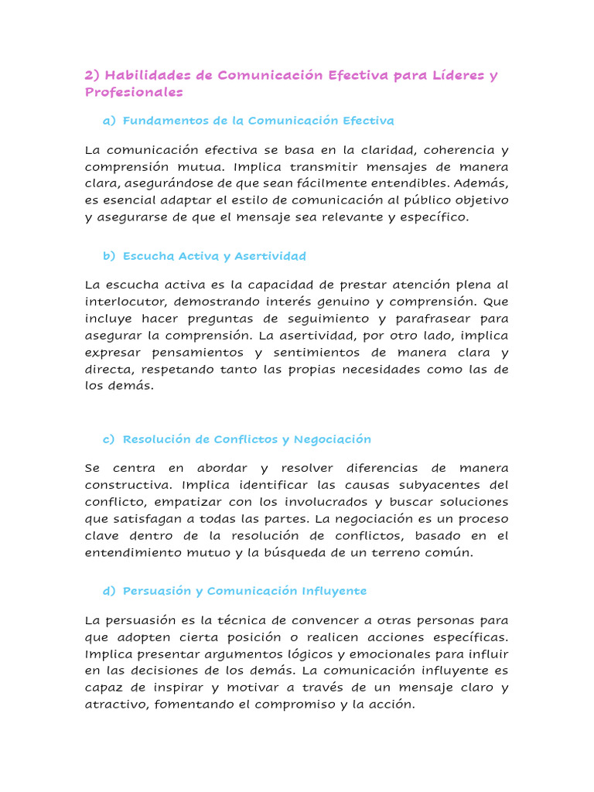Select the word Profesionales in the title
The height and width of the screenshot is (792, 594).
point(134,92)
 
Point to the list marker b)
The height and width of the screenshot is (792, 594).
point(108,256)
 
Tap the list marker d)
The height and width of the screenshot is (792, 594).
point(108,591)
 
